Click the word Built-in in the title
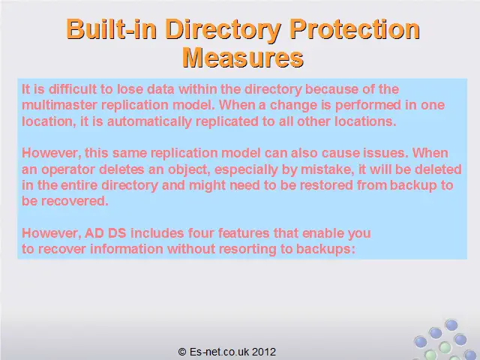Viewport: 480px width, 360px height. tap(112, 28)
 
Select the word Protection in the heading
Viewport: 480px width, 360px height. tap(355, 28)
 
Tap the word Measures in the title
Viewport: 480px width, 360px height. tap(243, 58)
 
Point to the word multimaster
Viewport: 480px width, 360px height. tap(59, 105)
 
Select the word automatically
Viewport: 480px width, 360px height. tap(149, 121)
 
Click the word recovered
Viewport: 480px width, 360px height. tap(75, 201)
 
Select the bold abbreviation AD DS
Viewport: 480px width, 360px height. tap(105, 233)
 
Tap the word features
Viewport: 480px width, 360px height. tap(244, 233)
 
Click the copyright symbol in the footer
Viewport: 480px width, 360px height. tap(182, 352)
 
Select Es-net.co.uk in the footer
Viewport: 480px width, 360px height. tap(217, 352)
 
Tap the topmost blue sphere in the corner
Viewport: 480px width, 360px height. tap(451, 325)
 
